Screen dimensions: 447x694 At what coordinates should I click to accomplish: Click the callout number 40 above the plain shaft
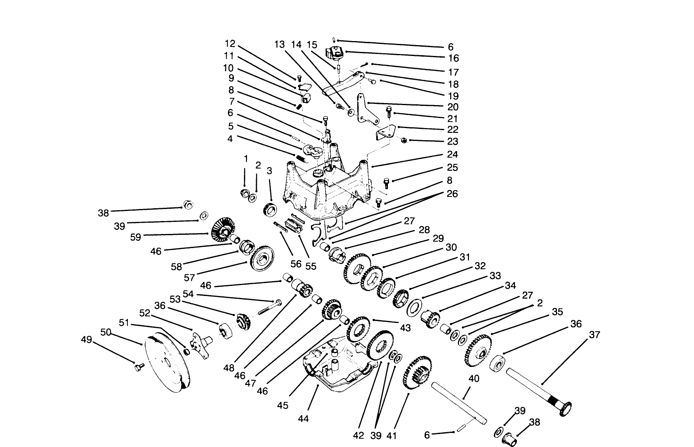(474, 379)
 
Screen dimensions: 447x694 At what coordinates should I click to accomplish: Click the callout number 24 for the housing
(452, 155)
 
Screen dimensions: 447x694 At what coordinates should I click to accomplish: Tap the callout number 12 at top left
(230, 43)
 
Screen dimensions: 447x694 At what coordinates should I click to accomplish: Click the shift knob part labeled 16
(334, 53)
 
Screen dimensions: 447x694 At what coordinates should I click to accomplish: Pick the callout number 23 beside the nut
(452, 141)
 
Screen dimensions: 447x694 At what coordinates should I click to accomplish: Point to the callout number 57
(189, 277)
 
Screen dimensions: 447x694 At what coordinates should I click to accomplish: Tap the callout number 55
(311, 266)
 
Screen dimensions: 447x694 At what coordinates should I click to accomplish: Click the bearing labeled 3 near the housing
(270, 209)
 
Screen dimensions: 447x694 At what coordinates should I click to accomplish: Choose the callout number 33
(495, 275)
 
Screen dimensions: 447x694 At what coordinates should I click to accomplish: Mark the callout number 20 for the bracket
(453, 107)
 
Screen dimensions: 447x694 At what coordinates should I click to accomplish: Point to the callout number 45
(283, 405)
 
